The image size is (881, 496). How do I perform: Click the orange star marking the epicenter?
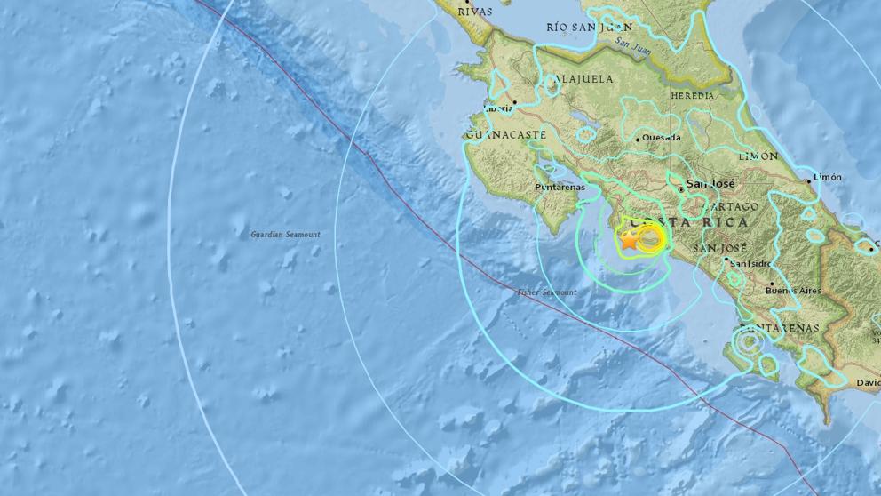[629, 239]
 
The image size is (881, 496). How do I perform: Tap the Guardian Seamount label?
[285, 235]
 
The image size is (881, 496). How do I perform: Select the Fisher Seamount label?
[547, 292]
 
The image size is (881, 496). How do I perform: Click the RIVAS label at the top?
[474, 12]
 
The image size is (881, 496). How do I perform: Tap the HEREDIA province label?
[693, 95]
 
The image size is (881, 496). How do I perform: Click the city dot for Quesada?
[638, 139]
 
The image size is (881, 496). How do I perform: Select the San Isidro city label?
[750, 263]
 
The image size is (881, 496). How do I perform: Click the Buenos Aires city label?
[794, 291]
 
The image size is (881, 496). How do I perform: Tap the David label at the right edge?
[868, 383]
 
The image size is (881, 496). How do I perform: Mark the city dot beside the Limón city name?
[809, 181]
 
